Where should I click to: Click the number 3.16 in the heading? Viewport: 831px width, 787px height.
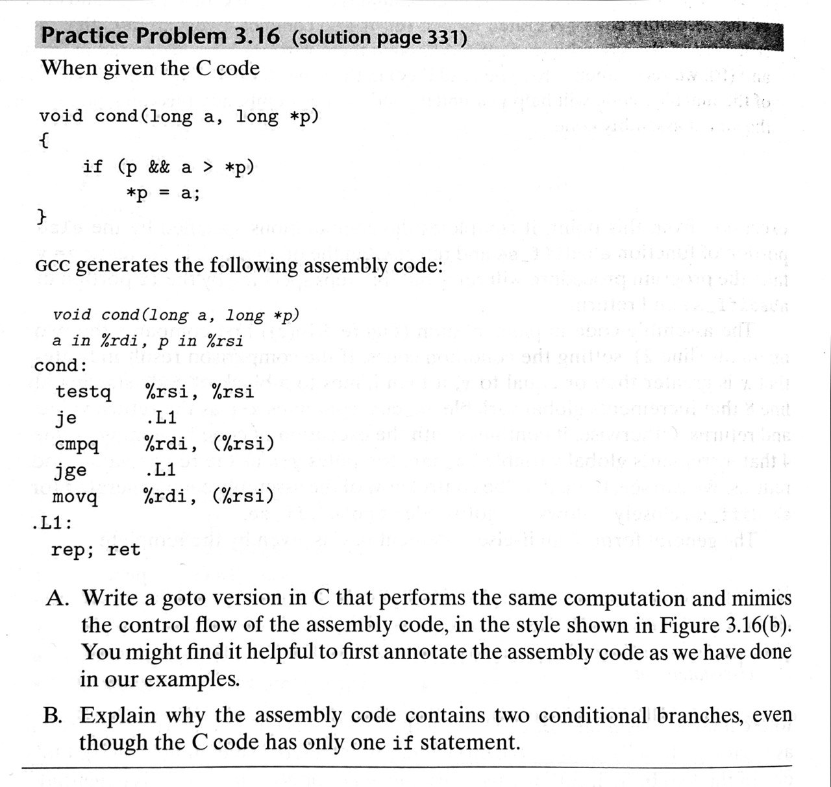tap(256, 37)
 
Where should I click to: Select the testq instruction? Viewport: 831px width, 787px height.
tap(83, 393)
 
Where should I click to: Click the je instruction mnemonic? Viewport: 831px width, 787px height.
tap(66, 418)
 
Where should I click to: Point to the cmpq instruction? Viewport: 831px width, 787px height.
tap(77, 445)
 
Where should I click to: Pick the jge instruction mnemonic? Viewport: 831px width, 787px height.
tap(71, 471)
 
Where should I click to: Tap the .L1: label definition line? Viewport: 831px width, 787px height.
tap(52, 523)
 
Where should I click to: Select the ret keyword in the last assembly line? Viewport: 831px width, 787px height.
tap(123, 550)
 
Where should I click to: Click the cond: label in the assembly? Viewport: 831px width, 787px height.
tap(60, 366)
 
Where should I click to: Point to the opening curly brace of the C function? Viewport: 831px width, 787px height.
tap(43, 141)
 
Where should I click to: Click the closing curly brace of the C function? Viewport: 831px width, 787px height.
tap(42, 215)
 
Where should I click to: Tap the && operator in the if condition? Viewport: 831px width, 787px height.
tap(159, 167)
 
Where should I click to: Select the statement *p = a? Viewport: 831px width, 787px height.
tap(163, 193)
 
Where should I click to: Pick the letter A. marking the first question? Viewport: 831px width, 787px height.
tap(57, 598)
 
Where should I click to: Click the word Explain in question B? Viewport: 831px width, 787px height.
tap(118, 716)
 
